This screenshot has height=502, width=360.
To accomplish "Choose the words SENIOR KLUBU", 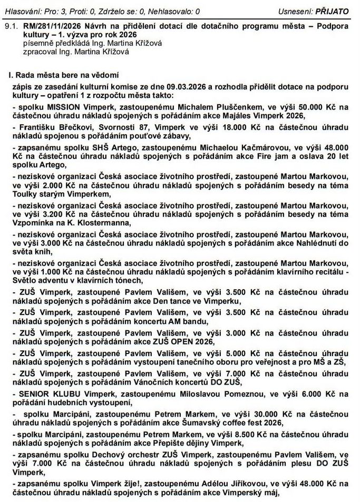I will tap(44, 393).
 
